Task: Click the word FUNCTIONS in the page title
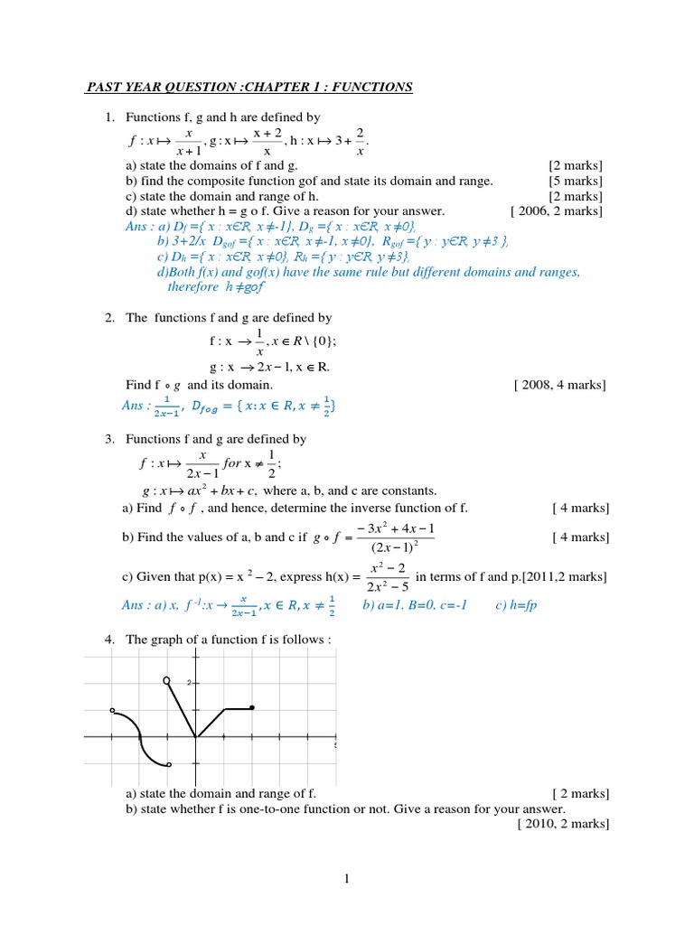tap(370, 88)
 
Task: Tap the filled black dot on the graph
tap(251, 707)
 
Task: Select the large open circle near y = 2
tap(165, 679)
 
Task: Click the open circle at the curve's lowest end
tap(169, 765)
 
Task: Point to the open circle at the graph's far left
tap(112, 711)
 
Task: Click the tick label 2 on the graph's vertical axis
tap(189, 682)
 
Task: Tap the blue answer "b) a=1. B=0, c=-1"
tap(414, 605)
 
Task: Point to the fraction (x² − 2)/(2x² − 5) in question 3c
tap(388, 578)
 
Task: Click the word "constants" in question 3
tap(408, 491)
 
